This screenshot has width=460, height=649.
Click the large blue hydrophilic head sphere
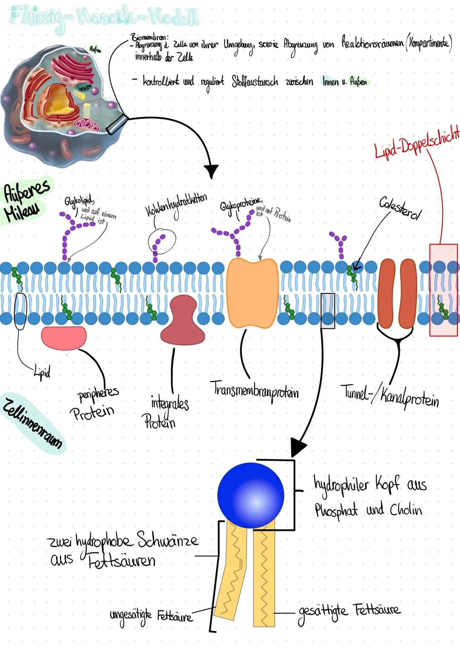click(x=250, y=494)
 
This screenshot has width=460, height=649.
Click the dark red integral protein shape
click(x=183, y=321)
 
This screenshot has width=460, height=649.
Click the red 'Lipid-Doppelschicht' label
click(x=417, y=142)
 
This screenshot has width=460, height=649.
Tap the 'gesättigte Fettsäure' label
click(x=349, y=611)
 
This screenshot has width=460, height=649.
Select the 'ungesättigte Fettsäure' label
click(x=151, y=615)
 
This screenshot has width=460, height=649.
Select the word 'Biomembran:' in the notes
click(x=149, y=37)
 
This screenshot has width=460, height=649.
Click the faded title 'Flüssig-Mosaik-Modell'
click(x=104, y=17)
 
